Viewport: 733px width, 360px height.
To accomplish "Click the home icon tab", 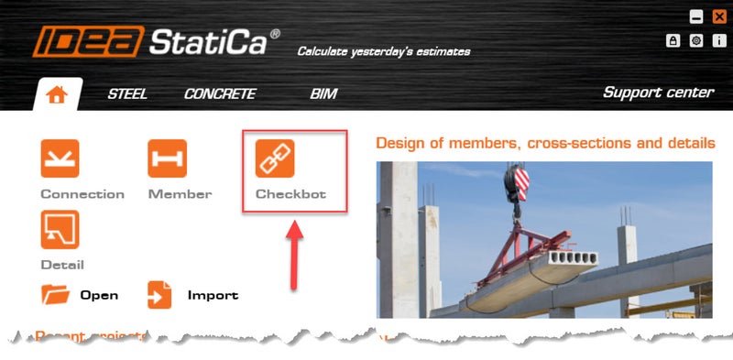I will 57,93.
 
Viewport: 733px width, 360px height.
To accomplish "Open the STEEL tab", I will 127,93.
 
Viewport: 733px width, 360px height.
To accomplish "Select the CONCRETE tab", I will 220,93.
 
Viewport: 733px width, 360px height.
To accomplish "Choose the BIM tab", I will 323,93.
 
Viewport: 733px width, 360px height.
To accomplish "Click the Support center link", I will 658,93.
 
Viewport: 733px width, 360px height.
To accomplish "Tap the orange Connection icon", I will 60,158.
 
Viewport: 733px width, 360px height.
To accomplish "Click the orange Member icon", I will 168,158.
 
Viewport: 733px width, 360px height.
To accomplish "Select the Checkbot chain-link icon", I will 274,158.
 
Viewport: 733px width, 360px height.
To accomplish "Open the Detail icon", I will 60,230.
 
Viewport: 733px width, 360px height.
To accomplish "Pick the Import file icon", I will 160,295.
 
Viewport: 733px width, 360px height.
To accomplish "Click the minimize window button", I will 696,16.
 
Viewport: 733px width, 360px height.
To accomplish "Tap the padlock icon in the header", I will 673,40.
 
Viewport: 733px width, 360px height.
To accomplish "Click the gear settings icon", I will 696,40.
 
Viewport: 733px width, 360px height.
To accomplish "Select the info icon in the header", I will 718,40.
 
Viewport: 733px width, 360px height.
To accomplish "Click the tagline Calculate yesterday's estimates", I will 383,51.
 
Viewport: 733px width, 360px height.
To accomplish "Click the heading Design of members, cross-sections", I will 545,144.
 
